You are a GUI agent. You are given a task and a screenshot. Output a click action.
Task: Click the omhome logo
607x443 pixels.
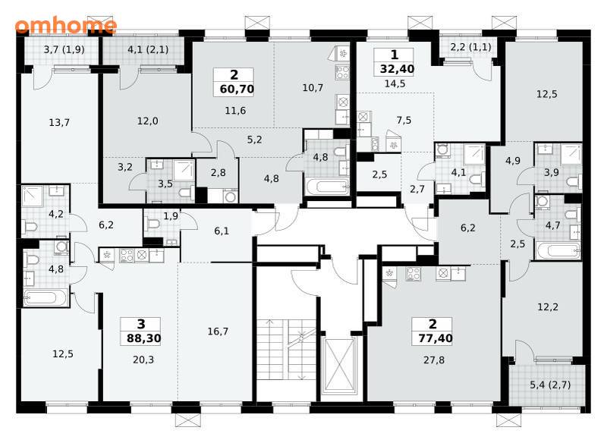tap(66, 25)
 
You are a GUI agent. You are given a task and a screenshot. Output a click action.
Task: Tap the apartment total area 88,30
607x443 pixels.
tap(143, 338)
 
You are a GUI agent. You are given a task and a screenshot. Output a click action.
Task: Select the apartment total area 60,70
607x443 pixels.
tap(237, 89)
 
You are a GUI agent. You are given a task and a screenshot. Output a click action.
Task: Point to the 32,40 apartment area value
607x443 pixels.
tap(397, 69)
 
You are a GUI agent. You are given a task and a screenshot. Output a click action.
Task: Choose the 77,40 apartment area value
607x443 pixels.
tap(436, 338)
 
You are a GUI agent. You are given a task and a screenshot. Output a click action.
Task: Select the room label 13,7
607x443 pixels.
tap(59, 123)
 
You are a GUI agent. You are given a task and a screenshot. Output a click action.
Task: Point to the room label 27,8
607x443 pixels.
tap(434, 360)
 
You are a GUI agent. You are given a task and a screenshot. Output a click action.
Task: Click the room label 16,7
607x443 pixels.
tap(218, 331)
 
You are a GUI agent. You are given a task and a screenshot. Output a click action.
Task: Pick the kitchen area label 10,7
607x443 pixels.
tap(313, 88)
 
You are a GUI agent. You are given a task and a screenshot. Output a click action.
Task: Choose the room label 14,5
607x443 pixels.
tap(395, 83)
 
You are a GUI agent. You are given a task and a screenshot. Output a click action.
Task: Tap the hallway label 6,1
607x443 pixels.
tap(222, 231)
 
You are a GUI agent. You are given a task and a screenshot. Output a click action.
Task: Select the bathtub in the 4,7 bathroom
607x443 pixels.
tap(558, 251)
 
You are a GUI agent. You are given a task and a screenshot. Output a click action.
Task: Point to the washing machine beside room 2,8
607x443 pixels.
tap(231, 196)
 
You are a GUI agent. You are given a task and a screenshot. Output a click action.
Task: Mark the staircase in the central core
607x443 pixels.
tap(287, 350)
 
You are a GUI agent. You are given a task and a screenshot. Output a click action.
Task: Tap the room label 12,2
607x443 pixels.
tap(548, 307)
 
